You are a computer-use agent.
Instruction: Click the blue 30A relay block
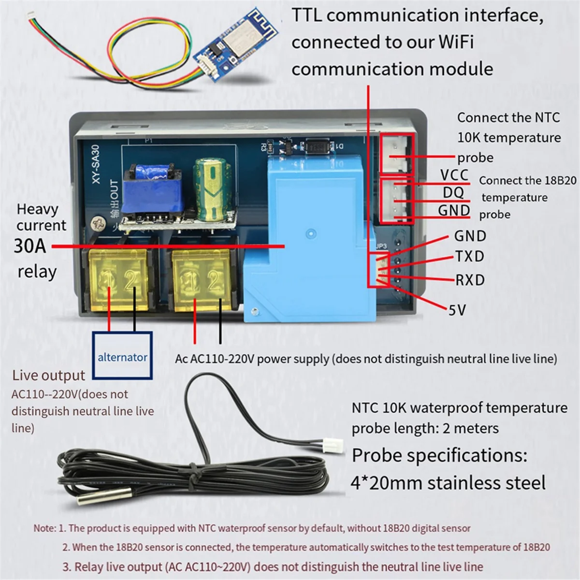(309, 232)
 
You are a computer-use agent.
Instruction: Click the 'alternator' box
(122, 357)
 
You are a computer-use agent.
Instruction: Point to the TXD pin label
(469, 256)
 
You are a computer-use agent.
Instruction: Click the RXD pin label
(470, 280)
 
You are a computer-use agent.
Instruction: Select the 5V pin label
(457, 309)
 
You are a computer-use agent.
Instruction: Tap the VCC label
(454, 174)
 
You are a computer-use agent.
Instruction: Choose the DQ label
(453, 193)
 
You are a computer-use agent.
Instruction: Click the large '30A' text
(30, 246)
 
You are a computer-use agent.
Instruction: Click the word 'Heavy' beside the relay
(37, 209)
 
